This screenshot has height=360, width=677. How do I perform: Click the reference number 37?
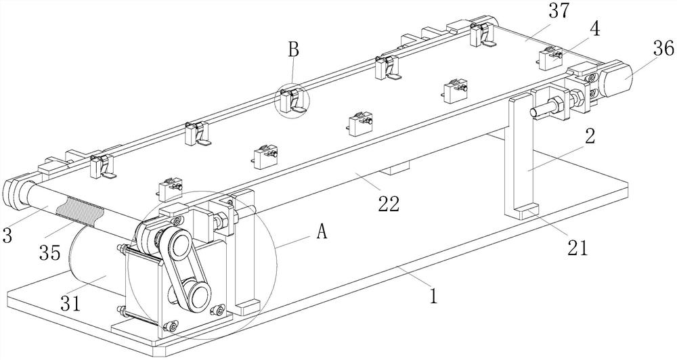coord(560,12)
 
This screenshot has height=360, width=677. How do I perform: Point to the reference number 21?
coord(577,248)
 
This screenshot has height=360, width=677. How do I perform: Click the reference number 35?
coord(49,252)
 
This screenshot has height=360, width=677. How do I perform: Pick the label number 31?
coord(70,303)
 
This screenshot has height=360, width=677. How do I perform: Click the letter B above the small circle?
coord(293,50)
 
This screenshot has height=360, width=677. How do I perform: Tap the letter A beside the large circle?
coord(322,232)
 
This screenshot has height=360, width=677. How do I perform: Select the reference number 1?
coord(434,296)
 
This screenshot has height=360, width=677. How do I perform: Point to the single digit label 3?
coord(7,235)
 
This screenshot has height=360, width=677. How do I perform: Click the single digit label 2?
coord(590,135)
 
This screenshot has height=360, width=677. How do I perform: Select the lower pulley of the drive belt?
coord(198,296)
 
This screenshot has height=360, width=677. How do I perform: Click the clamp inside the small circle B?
coord(292,101)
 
